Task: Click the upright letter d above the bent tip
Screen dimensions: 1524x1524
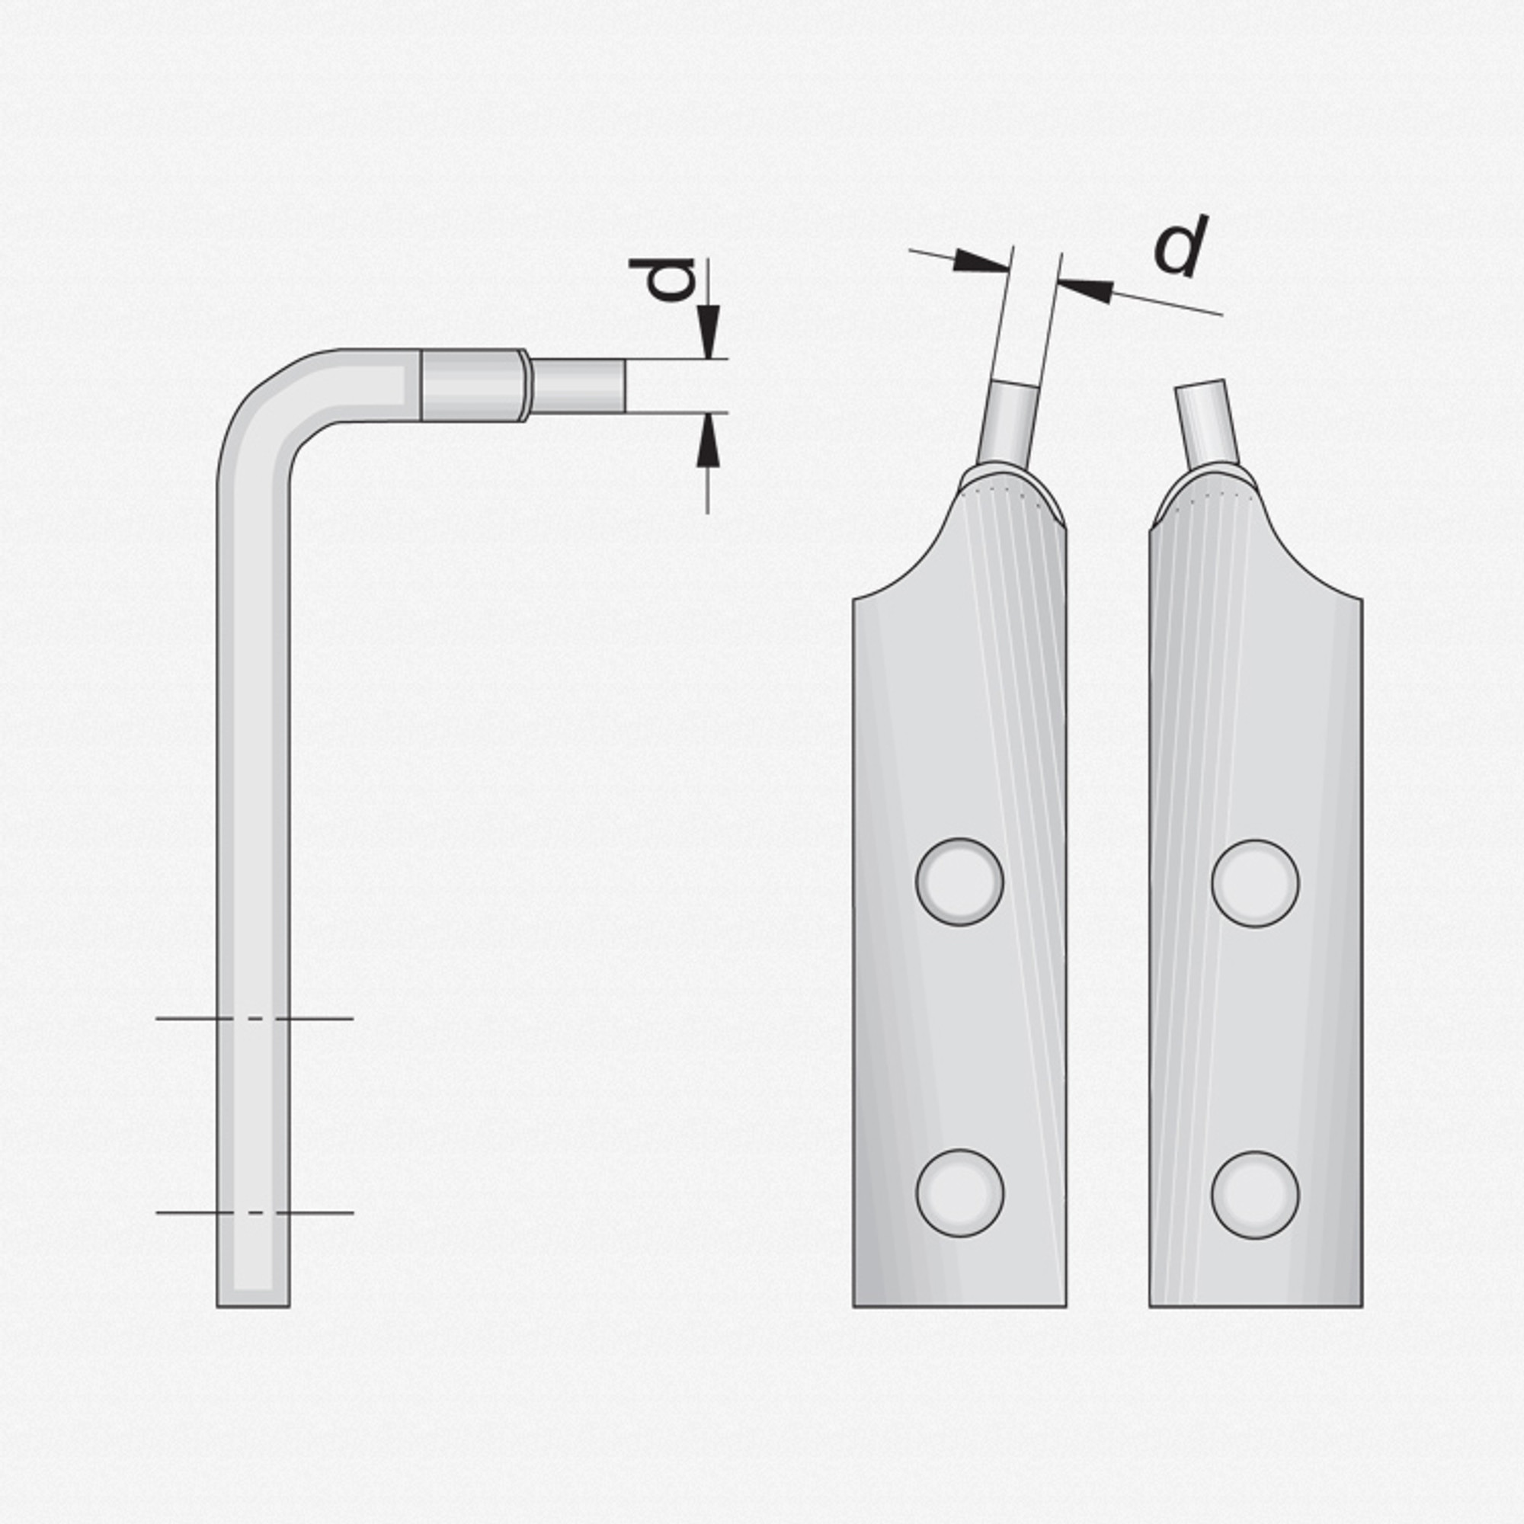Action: pyautogui.click(x=663, y=280)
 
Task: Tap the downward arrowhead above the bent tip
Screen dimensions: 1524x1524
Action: pyautogui.click(x=708, y=332)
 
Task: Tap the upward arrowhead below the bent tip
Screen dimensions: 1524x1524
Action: pyautogui.click(x=708, y=440)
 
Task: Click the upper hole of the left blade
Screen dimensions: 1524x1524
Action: pyautogui.click(x=959, y=882)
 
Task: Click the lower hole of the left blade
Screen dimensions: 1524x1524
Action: pyautogui.click(x=959, y=1193)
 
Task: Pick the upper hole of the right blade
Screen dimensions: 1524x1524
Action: pyautogui.click(x=1255, y=883)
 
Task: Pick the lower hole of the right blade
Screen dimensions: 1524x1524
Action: pyautogui.click(x=1255, y=1195)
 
